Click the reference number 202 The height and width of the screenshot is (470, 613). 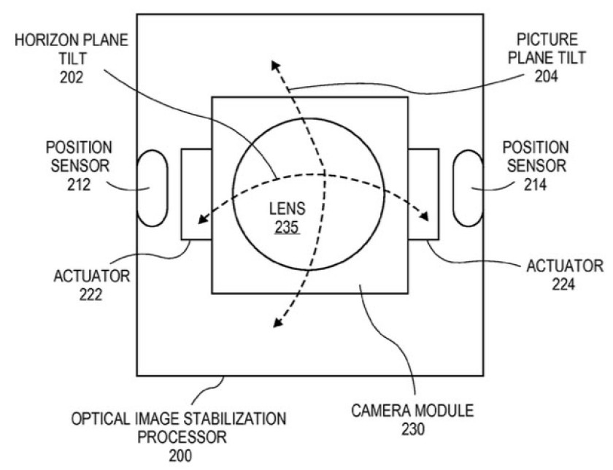(72, 77)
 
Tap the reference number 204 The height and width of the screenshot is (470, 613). (546, 76)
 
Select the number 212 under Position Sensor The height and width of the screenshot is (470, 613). (79, 185)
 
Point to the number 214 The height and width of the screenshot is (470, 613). (535, 185)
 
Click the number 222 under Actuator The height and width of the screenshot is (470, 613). (90, 294)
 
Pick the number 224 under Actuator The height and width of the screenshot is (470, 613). (563, 285)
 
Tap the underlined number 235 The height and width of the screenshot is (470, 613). (287, 227)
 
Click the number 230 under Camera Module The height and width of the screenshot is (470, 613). (413, 429)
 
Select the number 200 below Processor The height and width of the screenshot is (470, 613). (180, 455)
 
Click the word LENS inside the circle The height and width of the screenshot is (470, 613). (288, 209)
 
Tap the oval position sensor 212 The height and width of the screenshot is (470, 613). (153, 188)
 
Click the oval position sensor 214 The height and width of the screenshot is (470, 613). (468, 188)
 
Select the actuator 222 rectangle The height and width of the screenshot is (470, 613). (196, 194)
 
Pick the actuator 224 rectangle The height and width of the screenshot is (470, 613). (423, 194)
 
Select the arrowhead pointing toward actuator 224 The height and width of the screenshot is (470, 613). (424, 216)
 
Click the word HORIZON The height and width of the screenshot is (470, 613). (43, 40)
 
